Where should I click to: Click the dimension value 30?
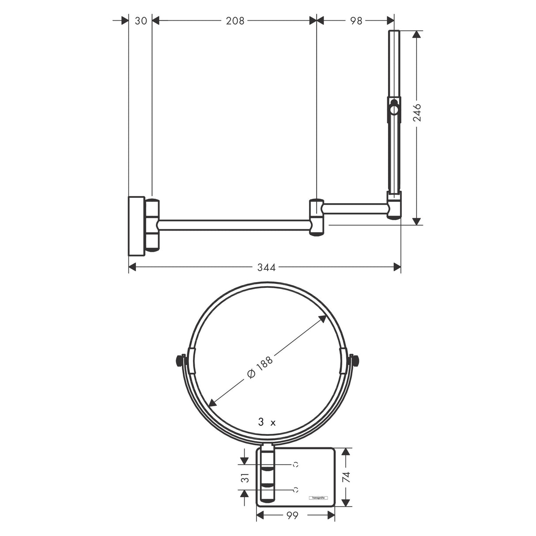tap(140, 20)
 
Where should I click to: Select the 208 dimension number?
tap(235, 20)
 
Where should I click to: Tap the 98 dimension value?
tap(356, 20)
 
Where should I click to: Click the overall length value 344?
tap(266, 267)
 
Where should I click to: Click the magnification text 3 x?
tap(267, 423)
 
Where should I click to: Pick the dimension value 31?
tap(246, 477)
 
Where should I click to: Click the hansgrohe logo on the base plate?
tap(317, 498)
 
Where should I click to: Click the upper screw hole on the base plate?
tap(295, 464)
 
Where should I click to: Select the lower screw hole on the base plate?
tap(295, 489)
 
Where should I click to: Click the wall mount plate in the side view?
tap(136, 226)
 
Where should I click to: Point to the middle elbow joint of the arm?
tap(317, 217)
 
